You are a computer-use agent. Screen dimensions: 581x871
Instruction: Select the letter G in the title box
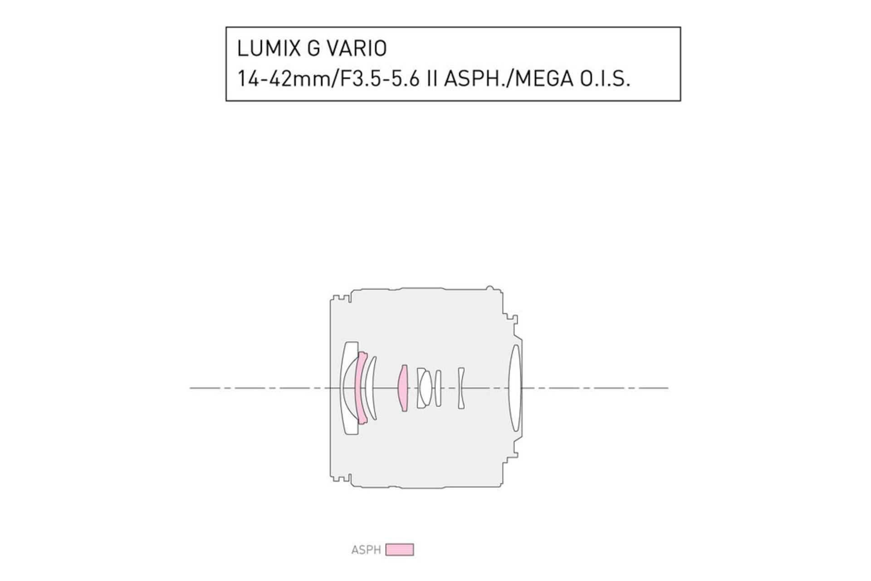(x=313, y=49)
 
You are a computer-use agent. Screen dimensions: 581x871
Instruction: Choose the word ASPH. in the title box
(x=476, y=79)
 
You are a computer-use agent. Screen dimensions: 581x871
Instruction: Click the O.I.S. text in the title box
(x=604, y=79)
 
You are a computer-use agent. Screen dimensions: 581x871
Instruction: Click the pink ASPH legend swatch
(x=400, y=550)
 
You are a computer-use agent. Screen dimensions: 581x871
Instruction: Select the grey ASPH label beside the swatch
(x=366, y=550)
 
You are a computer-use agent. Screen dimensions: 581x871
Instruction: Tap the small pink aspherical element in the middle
(x=403, y=388)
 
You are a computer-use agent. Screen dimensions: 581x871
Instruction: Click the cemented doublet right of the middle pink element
(x=424, y=388)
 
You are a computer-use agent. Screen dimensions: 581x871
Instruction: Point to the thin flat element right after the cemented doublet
(x=438, y=388)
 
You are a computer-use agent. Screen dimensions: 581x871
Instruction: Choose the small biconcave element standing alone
(x=461, y=388)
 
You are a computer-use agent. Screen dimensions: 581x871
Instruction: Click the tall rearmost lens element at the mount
(x=515, y=388)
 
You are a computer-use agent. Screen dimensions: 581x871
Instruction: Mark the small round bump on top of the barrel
(x=489, y=288)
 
